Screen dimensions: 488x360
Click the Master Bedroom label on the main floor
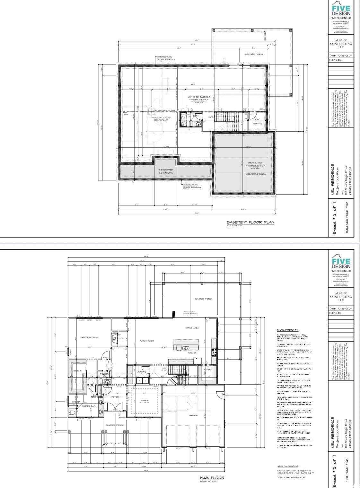pos(90,337)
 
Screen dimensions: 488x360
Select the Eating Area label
pos(192,328)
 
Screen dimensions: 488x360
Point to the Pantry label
pos(208,370)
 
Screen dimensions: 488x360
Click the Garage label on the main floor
pos(193,415)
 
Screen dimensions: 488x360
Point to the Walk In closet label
pos(77,371)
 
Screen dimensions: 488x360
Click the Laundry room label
pos(141,372)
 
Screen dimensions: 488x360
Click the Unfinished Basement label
pos(199,97)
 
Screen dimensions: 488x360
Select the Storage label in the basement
pos(257,124)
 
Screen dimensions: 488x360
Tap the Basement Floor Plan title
pos(250,222)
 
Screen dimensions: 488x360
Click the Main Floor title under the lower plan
pos(212,478)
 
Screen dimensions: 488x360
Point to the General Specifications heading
pos(287,330)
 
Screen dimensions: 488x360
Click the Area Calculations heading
pos(288,466)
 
